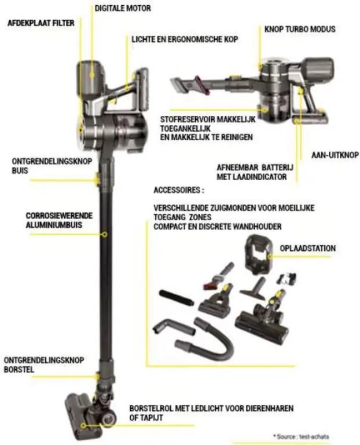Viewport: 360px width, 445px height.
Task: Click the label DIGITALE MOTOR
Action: [123, 8]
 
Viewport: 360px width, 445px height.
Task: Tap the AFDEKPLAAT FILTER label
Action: [41, 23]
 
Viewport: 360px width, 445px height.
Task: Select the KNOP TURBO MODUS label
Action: [300, 29]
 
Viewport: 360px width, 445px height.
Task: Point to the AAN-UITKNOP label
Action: [335, 155]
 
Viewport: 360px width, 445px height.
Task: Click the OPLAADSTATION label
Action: [307, 249]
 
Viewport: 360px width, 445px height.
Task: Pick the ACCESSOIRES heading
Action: [179, 190]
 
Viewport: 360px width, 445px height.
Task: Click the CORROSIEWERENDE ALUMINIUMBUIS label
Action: [59, 220]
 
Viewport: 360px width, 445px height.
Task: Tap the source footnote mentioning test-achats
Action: [301, 436]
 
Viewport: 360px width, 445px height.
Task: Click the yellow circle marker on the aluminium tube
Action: [105, 235]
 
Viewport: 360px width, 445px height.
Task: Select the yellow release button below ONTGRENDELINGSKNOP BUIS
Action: [97, 180]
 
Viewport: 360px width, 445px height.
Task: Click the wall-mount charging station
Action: [258, 255]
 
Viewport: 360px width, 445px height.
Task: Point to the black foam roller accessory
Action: [177, 297]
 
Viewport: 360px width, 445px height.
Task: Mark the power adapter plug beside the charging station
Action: [287, 278]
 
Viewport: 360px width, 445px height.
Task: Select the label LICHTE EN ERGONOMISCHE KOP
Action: [185, 39]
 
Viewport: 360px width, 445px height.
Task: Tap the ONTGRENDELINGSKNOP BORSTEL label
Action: [44, 365]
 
